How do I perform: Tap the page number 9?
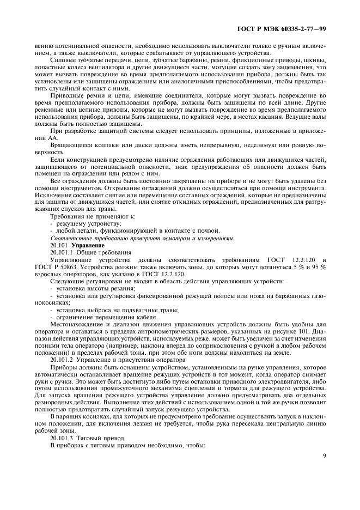[324, 456]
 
